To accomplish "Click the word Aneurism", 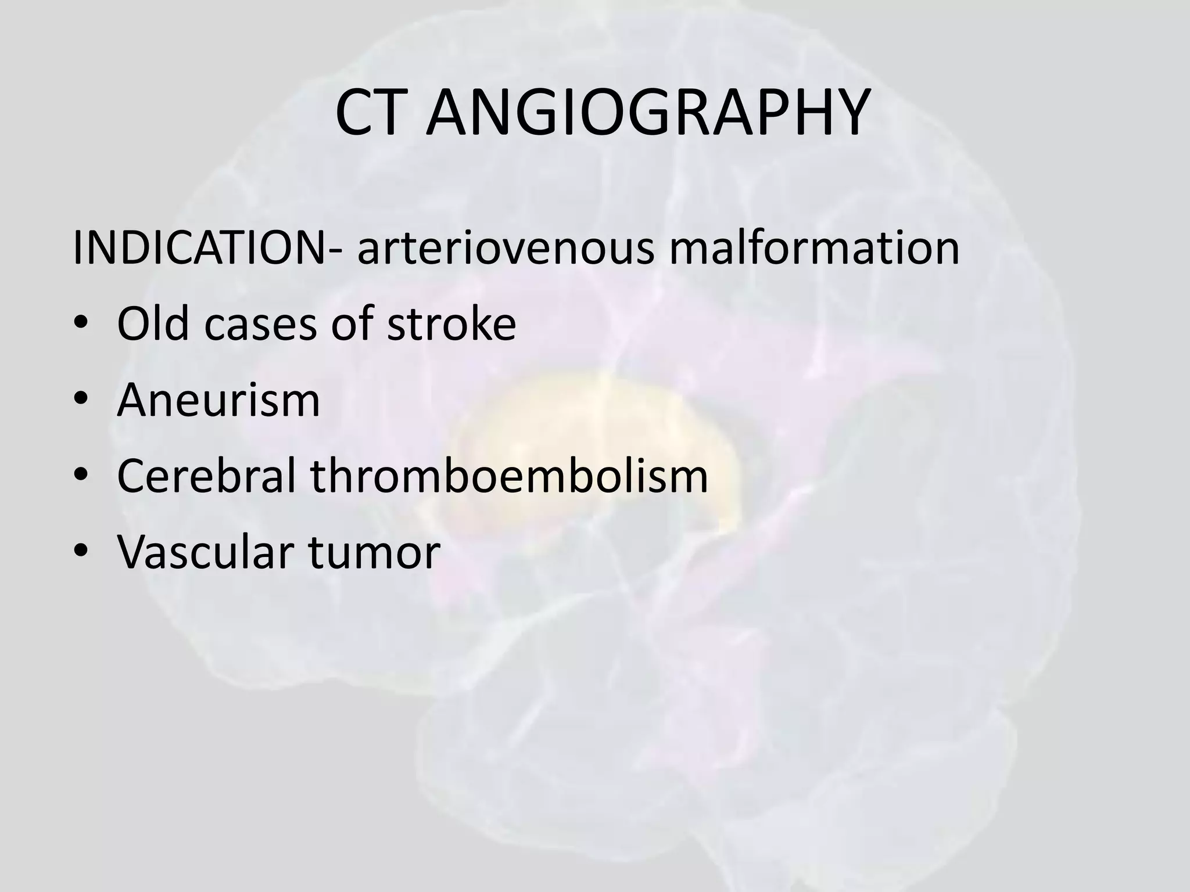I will (x=218, y=400).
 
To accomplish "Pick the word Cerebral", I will (x=207, y=476).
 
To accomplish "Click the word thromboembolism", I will (x=509, y=476).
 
